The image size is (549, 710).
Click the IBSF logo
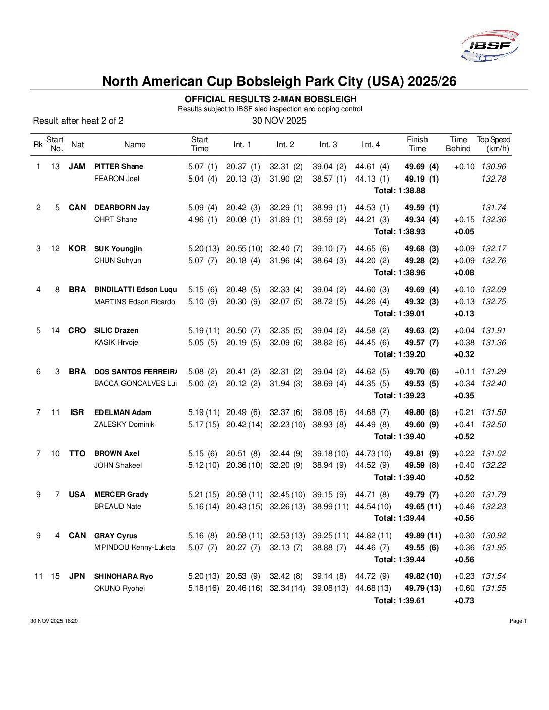coord(490,46)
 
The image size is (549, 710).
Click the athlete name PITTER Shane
coord(118,166)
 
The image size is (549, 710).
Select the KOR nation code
coord(77,248)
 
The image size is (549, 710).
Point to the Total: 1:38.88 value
coord(399,191)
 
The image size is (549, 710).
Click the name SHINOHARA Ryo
coord(124,576)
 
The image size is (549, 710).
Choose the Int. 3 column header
coord(328,145)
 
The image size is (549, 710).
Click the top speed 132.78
coord(494,179)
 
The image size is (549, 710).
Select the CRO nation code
coord(77,330)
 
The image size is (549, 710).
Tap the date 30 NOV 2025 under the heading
coord(279,121)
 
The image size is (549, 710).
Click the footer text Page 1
coord(518,621)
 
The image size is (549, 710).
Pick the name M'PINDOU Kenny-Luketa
coord(135,547)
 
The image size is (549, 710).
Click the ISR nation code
coord(77,412)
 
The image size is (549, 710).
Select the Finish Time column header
coord(417,144)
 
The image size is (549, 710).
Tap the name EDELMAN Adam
coord(123,412)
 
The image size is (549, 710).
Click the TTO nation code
coord(77,453)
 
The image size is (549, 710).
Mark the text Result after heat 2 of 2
coord(78,121)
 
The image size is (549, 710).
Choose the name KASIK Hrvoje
coord(116,342)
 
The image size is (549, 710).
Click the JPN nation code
coord(77,576)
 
